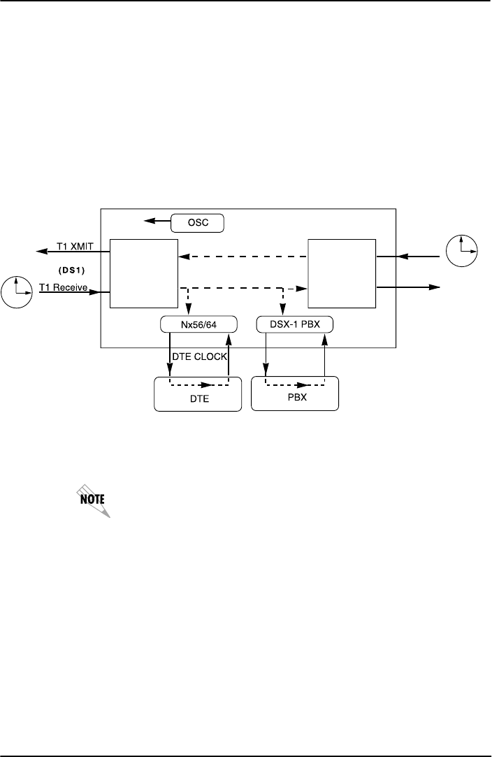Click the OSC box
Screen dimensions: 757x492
197,223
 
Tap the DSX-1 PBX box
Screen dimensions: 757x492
294,325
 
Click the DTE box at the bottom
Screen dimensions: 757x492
196,395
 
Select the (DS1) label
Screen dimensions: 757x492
72,268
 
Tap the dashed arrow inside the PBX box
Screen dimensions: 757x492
295,384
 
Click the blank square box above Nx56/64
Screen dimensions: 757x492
144,273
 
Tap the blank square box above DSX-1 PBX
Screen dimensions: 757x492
342,273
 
